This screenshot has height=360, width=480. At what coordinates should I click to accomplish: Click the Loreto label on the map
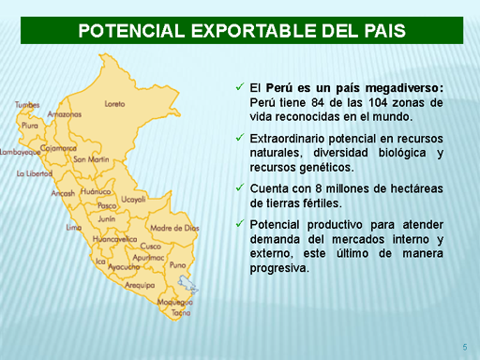pyautogui.click(x=114, y=104)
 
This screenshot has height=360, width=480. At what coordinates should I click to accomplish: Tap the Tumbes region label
pyautogui.click(x=27, y=105)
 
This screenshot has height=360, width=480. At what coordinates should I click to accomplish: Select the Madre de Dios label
pyautogui.click(x=174, y=228)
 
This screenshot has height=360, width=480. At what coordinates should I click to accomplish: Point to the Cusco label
pyautogui.click(x=151, y=246)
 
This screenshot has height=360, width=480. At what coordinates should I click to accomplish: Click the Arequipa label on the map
pyautogui.click(x=140, y=285)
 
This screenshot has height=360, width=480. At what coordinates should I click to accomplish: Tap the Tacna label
pyautogui.click(x=181, y=312)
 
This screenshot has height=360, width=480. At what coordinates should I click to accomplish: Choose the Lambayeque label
pyautogui.click(x=21, y=152)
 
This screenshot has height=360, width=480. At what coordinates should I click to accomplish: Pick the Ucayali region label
pyautogui.click(x=133, y=199)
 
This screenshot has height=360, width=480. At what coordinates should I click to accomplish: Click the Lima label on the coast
pyautogui.click(x=74, y=228)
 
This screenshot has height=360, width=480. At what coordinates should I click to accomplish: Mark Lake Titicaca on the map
pyautogui.click(x=187, y=284)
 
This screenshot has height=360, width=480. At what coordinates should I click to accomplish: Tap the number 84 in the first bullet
pyautogui.click(x=318, y=102)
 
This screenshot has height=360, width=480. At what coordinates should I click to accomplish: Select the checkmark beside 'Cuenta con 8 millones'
pyautogui.click(x=240, y=187)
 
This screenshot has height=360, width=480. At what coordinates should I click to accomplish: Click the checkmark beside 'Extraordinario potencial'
pyautogui.click(x=240, y=137)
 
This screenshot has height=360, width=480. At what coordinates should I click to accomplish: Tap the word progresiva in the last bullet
pyautogui.click(x=279, y=268)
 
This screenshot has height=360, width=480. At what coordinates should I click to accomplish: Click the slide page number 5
pyautogui.click(x=465, y=347)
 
